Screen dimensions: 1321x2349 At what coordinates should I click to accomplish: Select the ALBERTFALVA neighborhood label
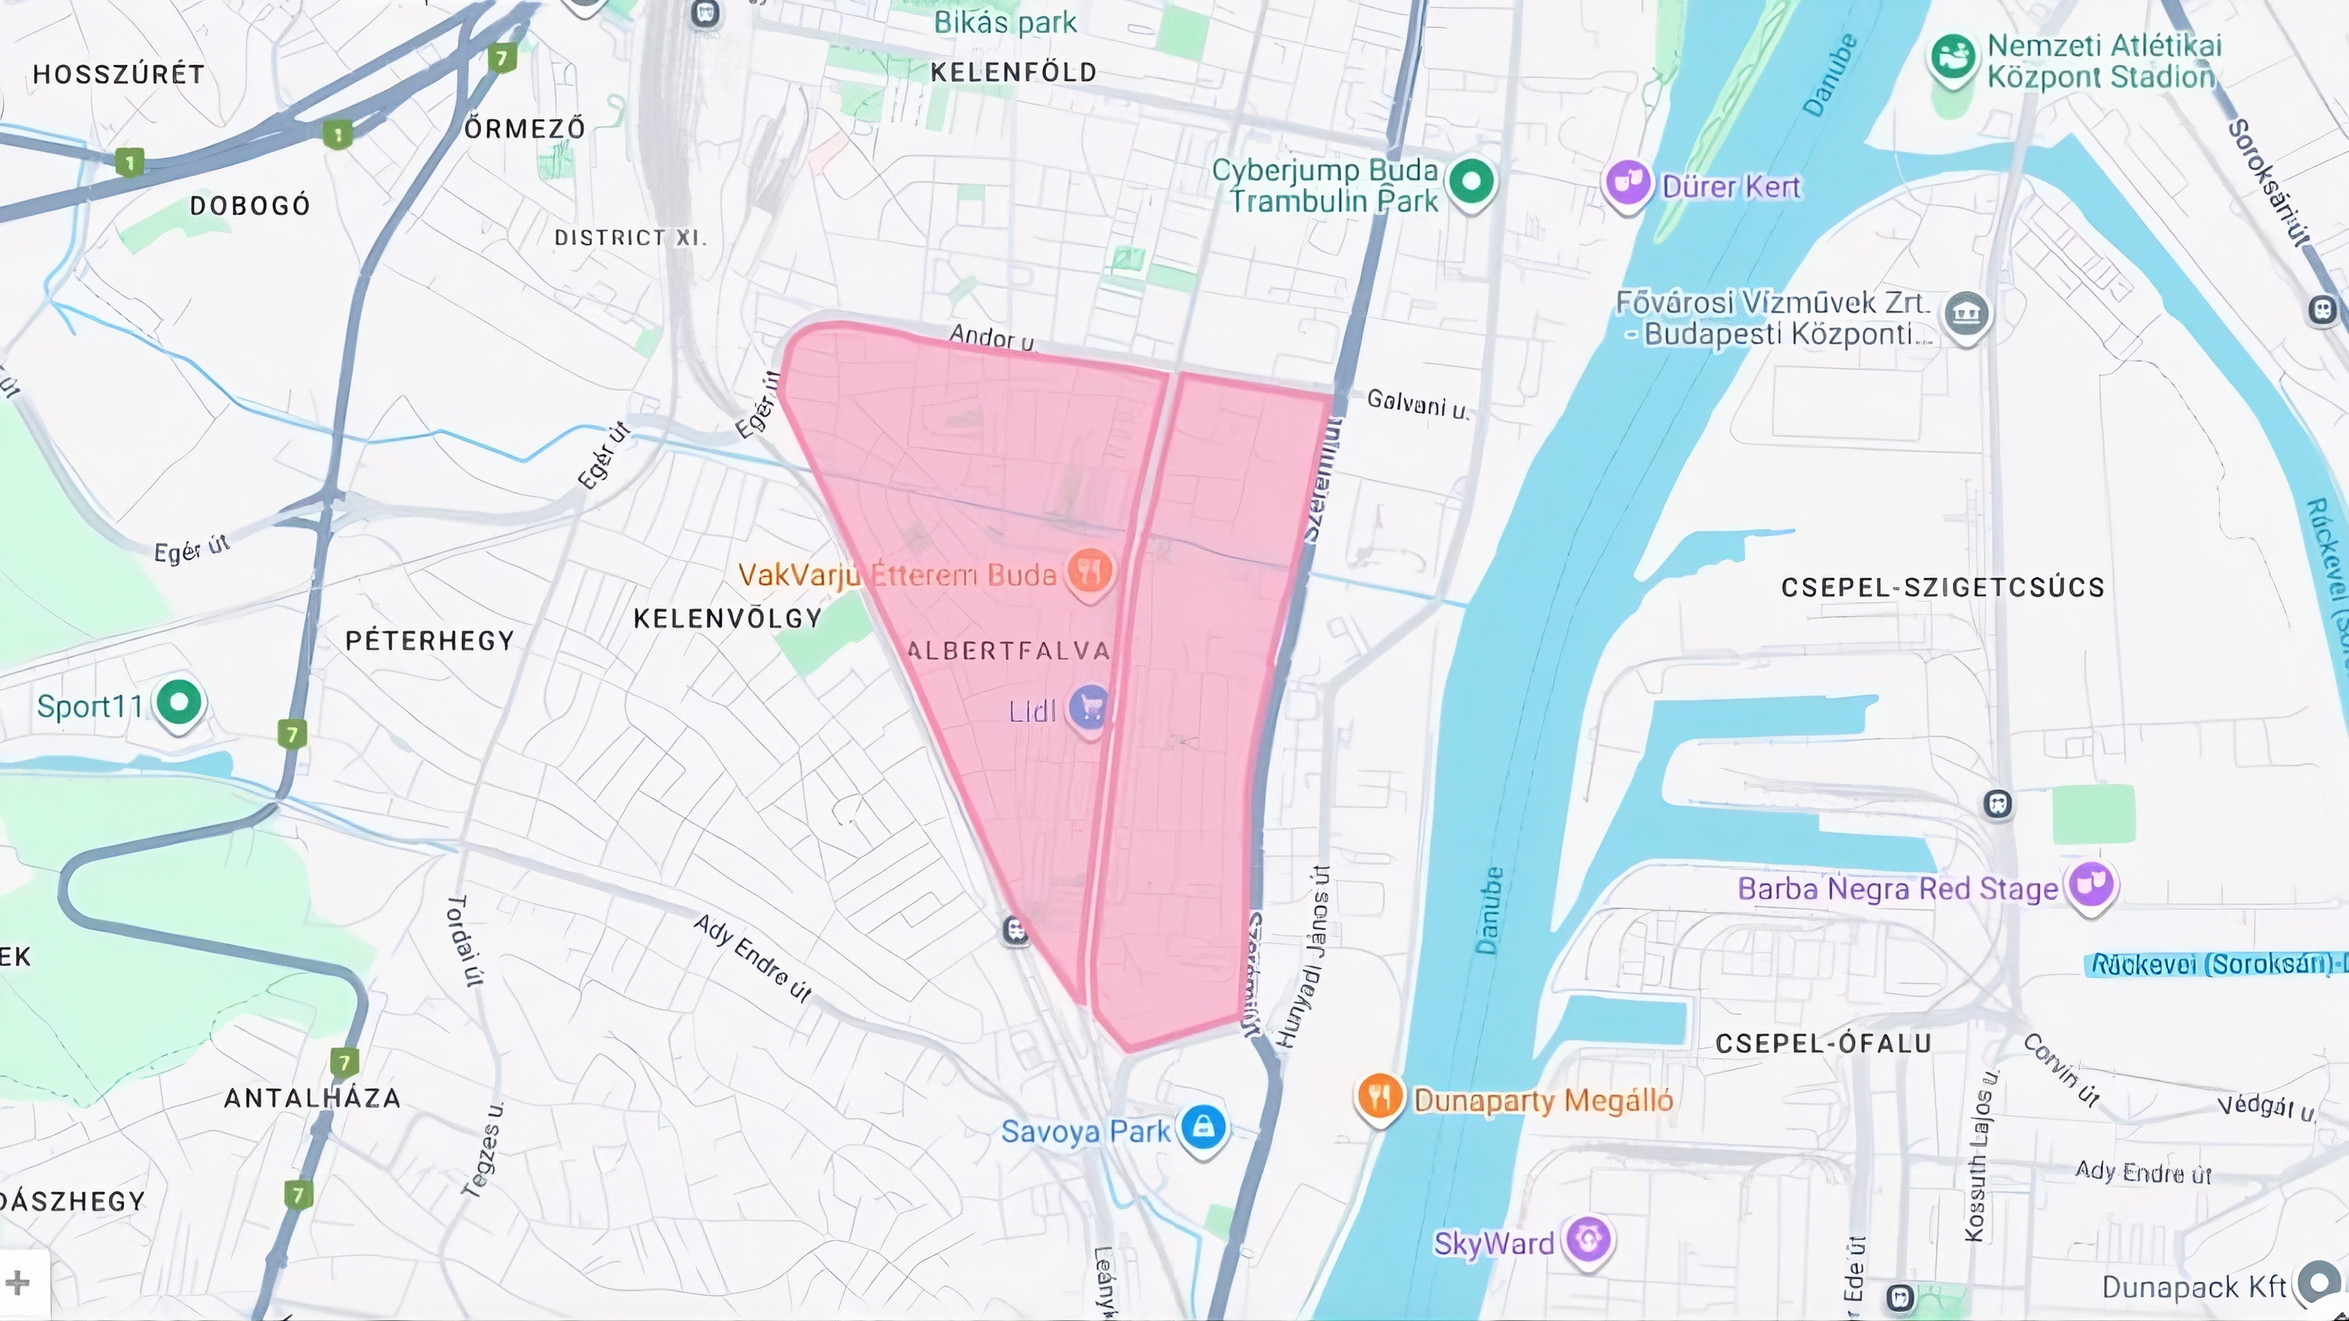1009,650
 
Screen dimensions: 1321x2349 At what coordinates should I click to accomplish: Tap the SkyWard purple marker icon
1589,1240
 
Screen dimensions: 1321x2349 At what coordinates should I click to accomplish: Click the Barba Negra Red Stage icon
2091,884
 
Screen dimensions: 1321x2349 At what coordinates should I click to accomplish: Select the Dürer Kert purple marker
1628,183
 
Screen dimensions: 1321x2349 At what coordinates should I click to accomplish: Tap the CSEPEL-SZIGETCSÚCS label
1942,587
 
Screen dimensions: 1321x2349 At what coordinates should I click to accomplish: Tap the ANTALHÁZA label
313,1097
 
